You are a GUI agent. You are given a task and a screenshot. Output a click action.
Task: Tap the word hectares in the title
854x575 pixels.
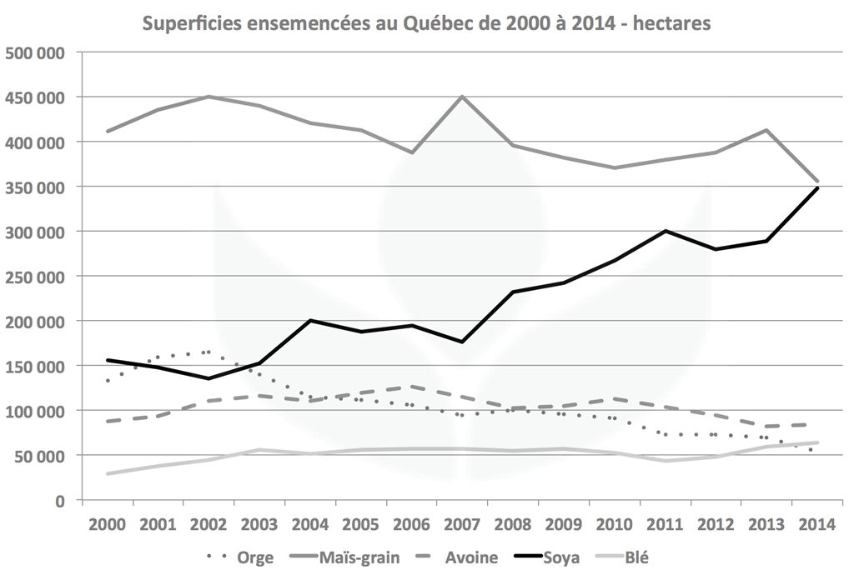(x=671, y=22)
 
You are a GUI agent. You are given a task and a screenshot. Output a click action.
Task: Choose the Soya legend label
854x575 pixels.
(x=560, y=557)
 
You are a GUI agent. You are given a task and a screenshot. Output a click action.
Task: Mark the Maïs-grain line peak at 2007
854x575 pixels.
(x=462, y=97)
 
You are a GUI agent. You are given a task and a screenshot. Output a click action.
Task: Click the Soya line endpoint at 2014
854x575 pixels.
(x=817, y=188)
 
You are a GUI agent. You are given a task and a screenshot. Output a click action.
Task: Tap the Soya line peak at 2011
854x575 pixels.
(x=666, y=231)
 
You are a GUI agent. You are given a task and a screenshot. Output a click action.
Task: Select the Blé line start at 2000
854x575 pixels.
(x=108, y=473)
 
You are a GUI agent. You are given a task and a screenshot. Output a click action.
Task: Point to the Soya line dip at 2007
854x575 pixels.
(x=462, y=342)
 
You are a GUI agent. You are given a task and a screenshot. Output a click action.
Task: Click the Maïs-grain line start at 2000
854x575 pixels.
(x=108, y=131)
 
